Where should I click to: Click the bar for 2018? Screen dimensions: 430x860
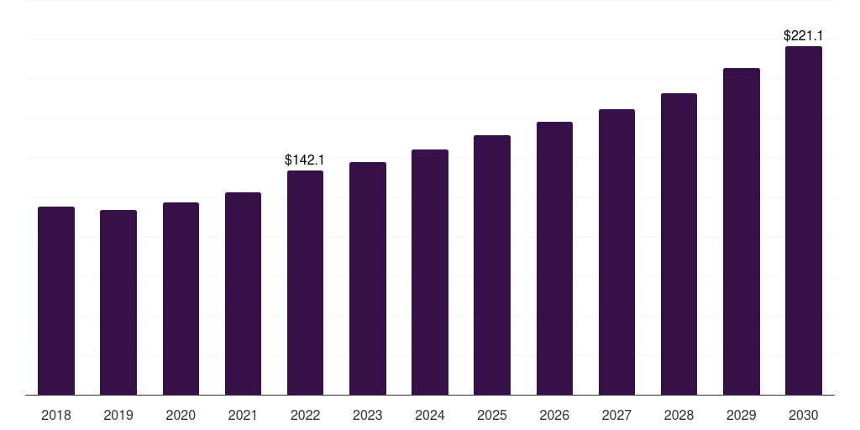(56, 301)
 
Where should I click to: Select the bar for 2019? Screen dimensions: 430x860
(118, 302)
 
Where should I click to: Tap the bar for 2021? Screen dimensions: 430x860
(243, 294)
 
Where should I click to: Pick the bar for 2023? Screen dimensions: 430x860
(368, 279)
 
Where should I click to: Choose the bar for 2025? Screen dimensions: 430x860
(492, 265)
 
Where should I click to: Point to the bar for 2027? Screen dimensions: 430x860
(616, 252)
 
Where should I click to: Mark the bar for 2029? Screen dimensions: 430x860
(742, 232)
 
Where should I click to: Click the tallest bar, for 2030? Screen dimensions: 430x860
(804, 221)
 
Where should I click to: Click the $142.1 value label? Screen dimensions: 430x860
(305, 160)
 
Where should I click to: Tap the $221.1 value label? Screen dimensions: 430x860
(804, 35)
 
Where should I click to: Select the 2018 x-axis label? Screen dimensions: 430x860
(56, 415)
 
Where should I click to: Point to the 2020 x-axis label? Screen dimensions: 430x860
(181, 415)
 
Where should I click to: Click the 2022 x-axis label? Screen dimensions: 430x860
(305, 415)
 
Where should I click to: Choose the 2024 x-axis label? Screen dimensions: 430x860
(430, 415)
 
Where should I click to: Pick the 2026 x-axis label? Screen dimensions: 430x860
(554, 415)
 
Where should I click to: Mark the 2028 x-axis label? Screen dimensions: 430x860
(679, 415)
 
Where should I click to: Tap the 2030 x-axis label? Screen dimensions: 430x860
(804, 415)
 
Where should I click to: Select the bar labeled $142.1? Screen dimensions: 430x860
(305, 283)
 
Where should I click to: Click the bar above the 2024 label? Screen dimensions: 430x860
(430, 272)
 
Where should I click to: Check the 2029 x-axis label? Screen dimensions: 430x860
(742, 415)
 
